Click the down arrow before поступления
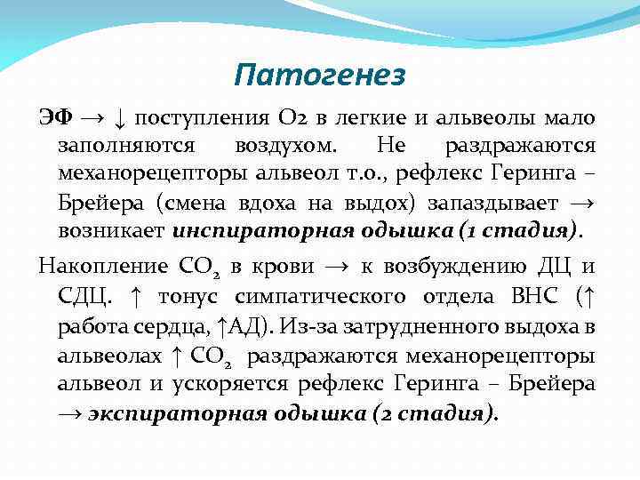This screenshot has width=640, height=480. click(120, 119)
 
